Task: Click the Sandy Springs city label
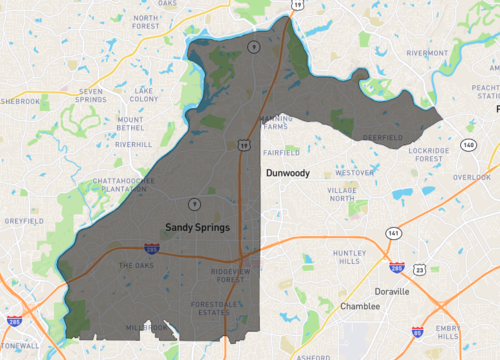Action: point(197,227)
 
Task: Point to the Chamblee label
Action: point(360,306)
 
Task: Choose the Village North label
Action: point(341,194)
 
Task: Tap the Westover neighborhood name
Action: point(355,172)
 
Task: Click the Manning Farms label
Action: point(276,123)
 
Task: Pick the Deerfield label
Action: point(382,136)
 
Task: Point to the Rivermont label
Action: point(427,53)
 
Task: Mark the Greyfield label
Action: point(22,220)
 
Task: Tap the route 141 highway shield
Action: point(394,233)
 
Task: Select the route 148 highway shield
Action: point(468,144)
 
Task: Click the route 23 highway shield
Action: point(420,270)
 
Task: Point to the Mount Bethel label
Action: point(130,124)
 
